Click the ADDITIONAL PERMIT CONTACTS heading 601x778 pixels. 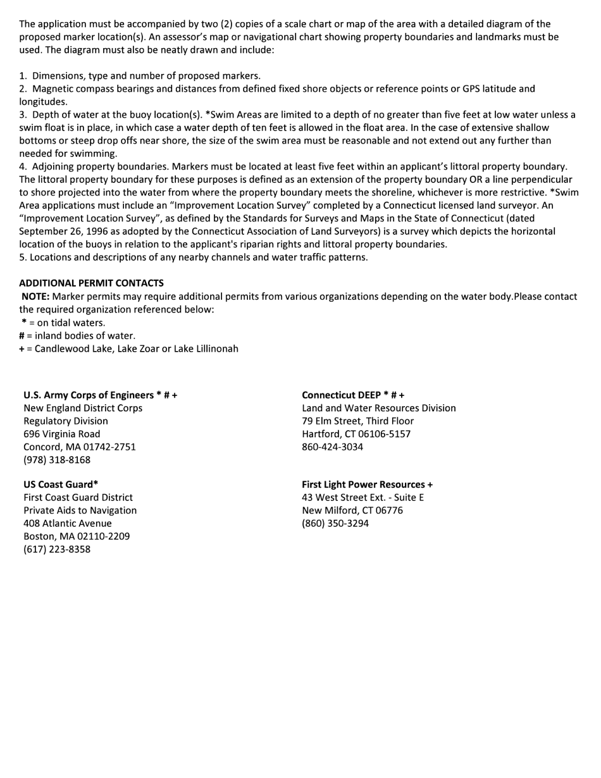pos(91,283)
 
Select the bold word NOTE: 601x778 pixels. pos(35,296)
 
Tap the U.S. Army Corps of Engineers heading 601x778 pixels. pos(101,395)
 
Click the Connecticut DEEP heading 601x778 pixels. pos(353,395)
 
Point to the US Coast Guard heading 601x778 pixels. pos(61,485)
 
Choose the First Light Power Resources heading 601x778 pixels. pos(368,485)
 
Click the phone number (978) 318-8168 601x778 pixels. pos(57,460)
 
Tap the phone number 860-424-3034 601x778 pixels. pos(333,447)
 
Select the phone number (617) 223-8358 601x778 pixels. pos(57,549)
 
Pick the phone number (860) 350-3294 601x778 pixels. pos(335,523)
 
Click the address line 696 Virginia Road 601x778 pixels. pos(62,434)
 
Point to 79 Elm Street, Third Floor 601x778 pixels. pos(358,421)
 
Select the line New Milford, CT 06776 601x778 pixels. pos(352,510)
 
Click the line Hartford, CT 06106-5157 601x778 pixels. pos(356,434)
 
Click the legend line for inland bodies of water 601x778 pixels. pos(77,335)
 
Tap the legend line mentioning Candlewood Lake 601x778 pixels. pos(129,349)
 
